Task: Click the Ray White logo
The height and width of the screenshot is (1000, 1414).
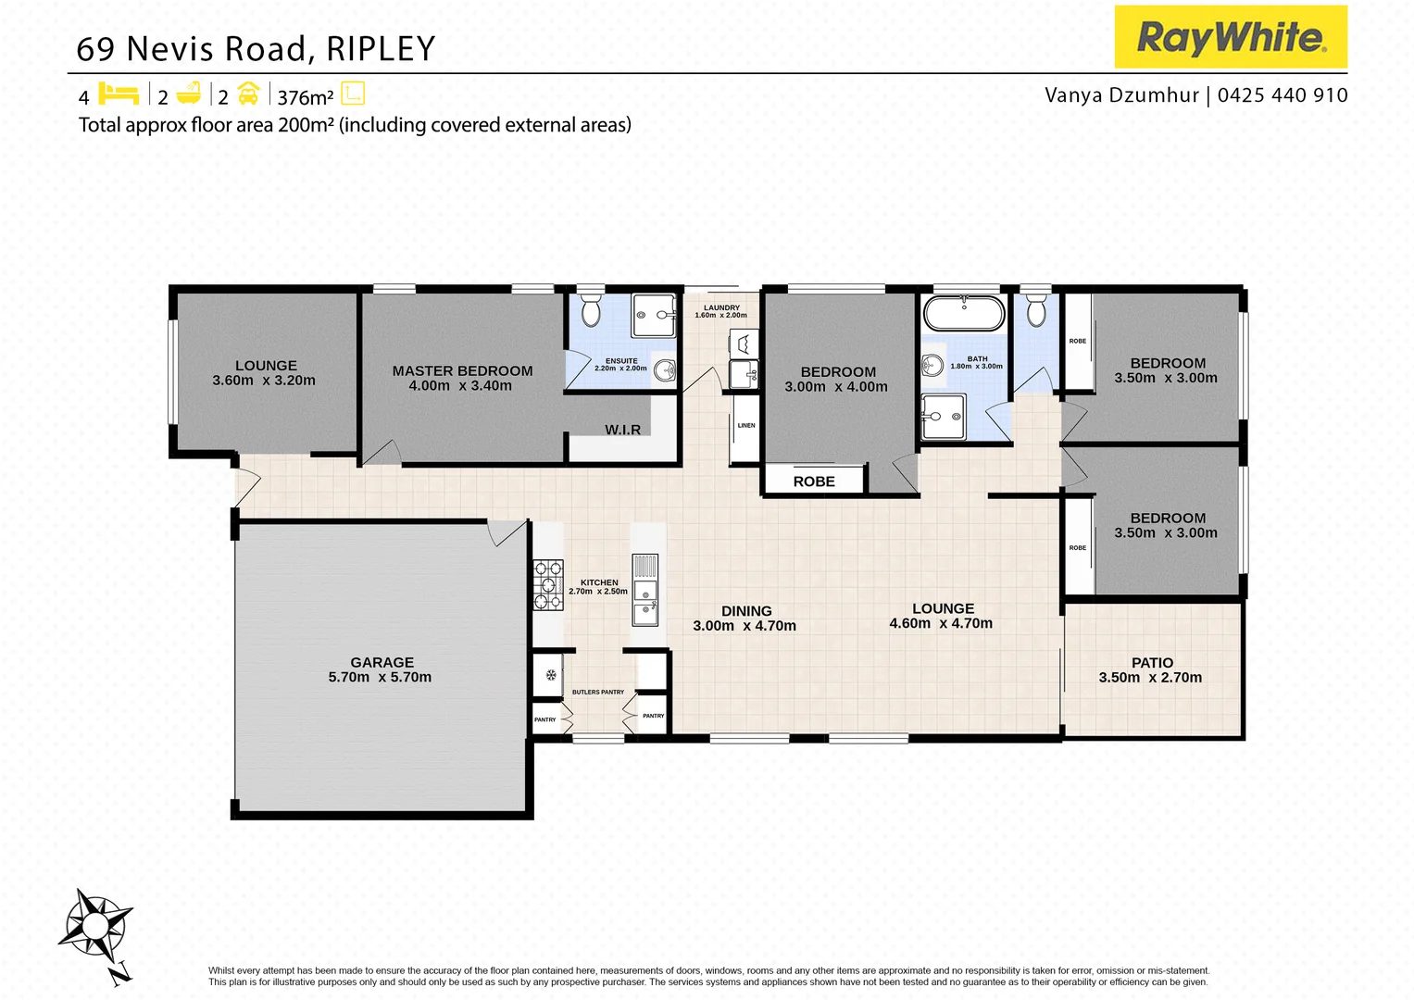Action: (1230, 37)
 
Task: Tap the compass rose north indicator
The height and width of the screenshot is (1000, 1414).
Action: (95, 926)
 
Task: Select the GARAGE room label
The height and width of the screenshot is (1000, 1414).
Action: (382, 662)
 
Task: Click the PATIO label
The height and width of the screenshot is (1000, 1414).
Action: (1152, 662)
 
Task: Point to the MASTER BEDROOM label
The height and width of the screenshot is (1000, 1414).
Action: (462, 370)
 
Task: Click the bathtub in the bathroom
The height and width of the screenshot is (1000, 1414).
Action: (964, 313)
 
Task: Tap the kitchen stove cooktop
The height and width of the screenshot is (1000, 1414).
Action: (547, 584)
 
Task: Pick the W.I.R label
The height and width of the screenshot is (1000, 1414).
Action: (622, 430)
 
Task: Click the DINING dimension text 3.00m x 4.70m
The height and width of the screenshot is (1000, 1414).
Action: (745, 626)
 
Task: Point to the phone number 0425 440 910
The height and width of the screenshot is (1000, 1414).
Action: (1283, 95)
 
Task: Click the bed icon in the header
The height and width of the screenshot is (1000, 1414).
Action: (119, 94)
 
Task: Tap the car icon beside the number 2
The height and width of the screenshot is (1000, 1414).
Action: (248, 94)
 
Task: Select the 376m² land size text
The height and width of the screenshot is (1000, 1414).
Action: (305, 97)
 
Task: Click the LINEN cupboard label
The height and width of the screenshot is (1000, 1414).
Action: (746, 426)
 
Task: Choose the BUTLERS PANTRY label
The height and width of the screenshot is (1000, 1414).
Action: (598, 692)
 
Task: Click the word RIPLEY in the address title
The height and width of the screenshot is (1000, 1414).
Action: (381, 49)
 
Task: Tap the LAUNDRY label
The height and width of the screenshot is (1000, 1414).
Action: (721, 307)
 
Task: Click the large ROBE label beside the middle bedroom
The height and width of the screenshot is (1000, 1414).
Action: (814, 481)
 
